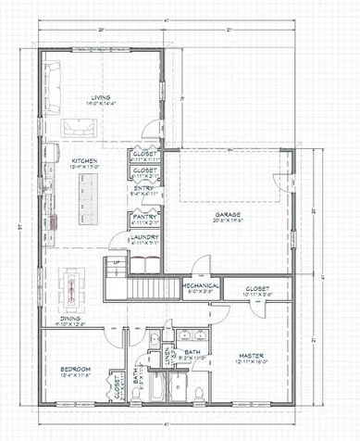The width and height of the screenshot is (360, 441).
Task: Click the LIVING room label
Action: [100, 96]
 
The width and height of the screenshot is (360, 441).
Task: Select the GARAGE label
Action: [228, 213]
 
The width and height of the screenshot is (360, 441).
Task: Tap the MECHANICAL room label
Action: [200, 284]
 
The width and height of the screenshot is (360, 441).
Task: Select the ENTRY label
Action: [144, 188]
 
